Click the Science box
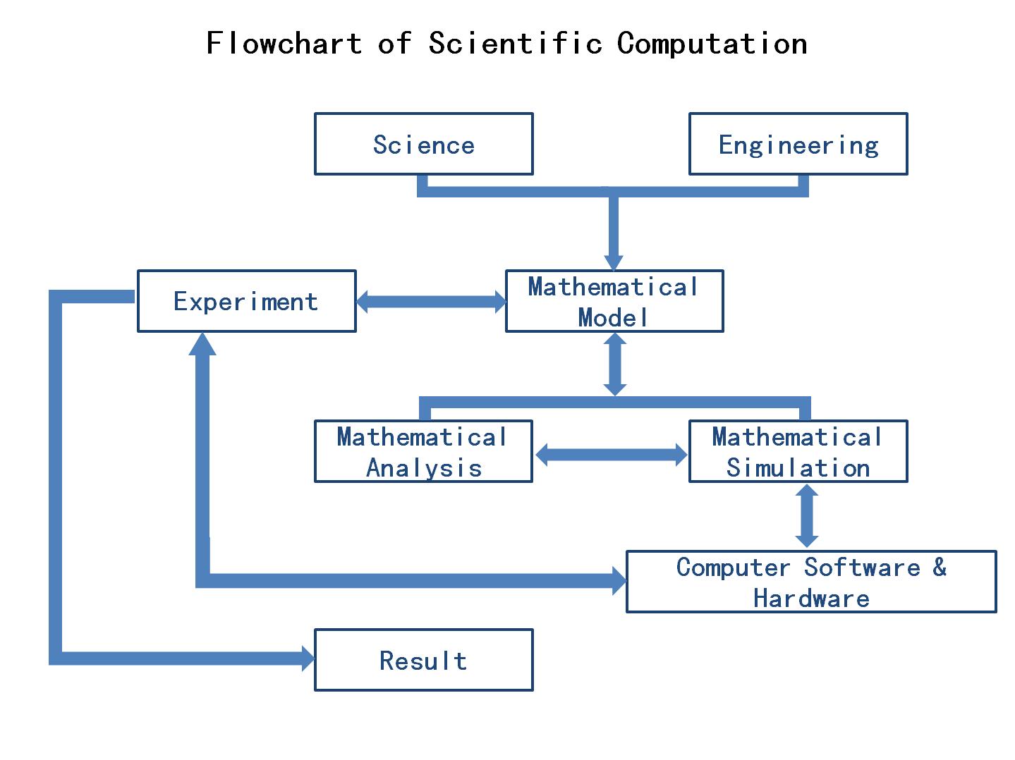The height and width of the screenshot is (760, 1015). (x=423, y=144)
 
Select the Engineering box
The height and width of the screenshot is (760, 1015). (x=798, y=144)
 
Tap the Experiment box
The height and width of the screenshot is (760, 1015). (x=246, y=301)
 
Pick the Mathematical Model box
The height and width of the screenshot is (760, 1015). (x=614, y=301)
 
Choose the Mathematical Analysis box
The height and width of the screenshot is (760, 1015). (x=423, y=451)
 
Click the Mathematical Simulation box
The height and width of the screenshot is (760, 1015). (x=798, y=451)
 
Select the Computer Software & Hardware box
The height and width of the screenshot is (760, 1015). (x=811, y=582)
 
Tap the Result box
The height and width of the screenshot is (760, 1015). (x=423, y=660)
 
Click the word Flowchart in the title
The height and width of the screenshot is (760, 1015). (x=284, y=43)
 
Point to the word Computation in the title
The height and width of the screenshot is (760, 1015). (x=712, y=43)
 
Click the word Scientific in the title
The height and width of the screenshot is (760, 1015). (x=515, y=43)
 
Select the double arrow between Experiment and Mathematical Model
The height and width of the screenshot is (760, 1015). (x=431, y=302)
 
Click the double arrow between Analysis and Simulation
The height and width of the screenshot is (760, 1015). (x=611, y=455)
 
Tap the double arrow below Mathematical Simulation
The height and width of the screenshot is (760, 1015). (x=806, y=516)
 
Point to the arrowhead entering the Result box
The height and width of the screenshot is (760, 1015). (x=308, y=658)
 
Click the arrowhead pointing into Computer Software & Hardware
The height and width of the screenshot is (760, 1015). (x=619, y=581)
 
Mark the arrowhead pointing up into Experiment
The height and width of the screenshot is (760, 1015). (x=203, y=343)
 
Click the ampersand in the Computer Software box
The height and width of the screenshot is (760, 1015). (x=939, y=567)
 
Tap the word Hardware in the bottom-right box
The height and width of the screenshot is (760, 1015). (x=811, y=599)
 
